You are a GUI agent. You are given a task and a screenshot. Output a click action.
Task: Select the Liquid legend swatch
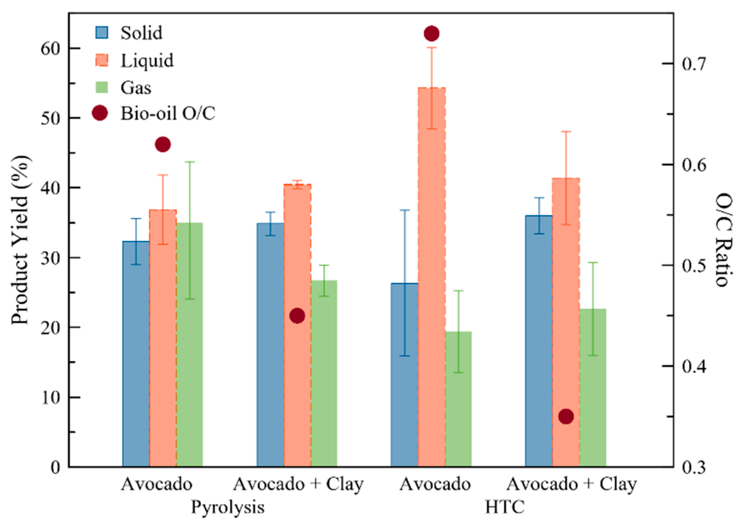point(102,60)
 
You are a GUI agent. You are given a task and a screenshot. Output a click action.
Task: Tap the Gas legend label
point(136,87)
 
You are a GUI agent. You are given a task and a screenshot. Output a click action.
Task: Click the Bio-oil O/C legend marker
point(100,113)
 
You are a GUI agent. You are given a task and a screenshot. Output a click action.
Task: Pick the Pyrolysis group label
point(228,507)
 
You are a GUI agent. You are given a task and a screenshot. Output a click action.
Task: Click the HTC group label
point(505,507)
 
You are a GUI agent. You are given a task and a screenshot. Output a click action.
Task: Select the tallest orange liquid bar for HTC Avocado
point(432,280)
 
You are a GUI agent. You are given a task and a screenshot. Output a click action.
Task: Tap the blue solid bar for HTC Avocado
point(404,378)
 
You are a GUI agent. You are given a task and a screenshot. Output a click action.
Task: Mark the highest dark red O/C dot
point(431,34)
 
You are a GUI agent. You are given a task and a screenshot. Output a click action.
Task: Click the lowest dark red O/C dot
point(566,417)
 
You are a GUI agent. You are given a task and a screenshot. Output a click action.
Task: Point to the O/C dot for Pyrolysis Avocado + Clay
point(297,316)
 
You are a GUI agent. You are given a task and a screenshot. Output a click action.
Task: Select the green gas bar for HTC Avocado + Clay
point(593,388)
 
